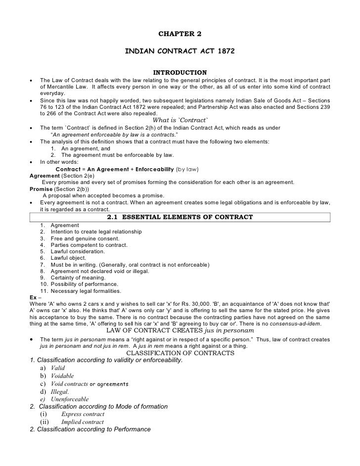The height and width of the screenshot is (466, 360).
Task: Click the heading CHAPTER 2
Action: (x=180, y=34)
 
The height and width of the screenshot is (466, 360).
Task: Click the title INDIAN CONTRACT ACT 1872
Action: (x=180, y=51)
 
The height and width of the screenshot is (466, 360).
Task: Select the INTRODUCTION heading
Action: (x=180, y=73)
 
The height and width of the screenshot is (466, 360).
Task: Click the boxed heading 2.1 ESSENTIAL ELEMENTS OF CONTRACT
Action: (x=180, y=217)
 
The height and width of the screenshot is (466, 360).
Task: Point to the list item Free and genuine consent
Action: (x=81, y=238)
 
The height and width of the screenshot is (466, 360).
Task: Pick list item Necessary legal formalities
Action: (x=84, y=290)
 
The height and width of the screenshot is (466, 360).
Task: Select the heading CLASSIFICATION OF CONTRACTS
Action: (x=180, y=353)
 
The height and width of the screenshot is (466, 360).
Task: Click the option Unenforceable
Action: (x=70, y=399)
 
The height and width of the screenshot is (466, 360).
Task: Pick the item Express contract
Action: (x=83, y=414)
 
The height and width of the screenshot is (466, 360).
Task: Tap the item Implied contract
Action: (x=83, y=422)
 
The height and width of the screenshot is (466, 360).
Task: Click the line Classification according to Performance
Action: (x=90, y=429)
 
